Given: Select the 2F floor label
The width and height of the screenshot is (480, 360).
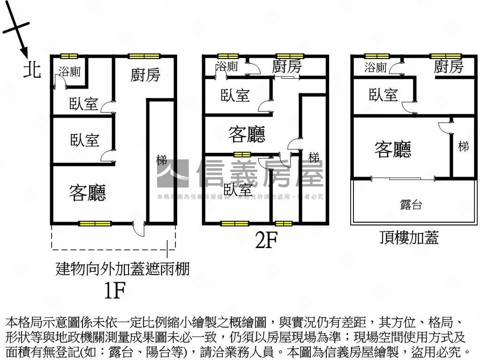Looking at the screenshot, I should pyautogui.click(x=266, y=240).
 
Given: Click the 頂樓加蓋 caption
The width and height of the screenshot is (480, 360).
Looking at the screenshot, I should pyautogui.click(x=409, y=238).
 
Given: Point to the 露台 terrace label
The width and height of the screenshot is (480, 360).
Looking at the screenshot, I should pyautogui.click(x=411, y=204).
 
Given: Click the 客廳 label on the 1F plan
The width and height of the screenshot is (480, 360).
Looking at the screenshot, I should pyautogui.click(x=87, y=193).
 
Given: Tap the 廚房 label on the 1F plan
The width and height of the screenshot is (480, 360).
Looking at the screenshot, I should pyautogui.click(x=145, y=75).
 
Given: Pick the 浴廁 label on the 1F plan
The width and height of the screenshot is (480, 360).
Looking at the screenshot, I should pyautogui.click(x=69, y=71).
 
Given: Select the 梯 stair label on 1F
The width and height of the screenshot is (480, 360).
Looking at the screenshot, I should pyautogui.click(x=161, y=160).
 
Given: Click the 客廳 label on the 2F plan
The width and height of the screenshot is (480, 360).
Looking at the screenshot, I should pyautogui.click(x=247, y=135).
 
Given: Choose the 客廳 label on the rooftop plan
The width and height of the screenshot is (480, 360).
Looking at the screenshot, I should pyautogui.click(x=393, y=149).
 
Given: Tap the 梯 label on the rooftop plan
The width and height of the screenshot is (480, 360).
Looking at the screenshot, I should pyautogui.click(x=463, y=146).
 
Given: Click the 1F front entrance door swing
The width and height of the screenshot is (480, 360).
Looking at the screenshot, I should pyautogui.click(x=139, y=230).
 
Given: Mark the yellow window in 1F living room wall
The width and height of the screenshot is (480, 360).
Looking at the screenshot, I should pyautogui.click(x=95, y=224).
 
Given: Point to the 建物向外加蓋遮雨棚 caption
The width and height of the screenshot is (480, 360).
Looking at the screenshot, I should pyautogui.click(x=122, y=269).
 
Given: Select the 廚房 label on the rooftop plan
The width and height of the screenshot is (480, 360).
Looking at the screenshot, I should pyautogui.click(x=448, y=67).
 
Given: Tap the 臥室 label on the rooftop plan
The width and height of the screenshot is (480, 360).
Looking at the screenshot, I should pyautogui.click(x=383, y=95).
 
